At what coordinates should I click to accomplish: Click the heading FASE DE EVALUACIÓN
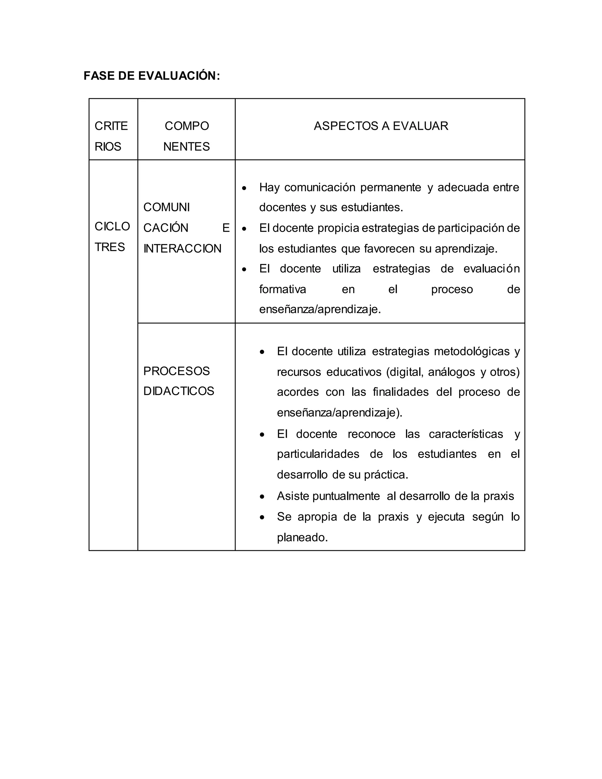pos(152,76)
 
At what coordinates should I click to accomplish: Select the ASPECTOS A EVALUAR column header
pos(381,126)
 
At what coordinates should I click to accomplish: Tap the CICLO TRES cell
pos(112,236)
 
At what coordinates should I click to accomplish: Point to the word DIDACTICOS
pos(178,391)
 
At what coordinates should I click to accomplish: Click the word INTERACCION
pos(182,249)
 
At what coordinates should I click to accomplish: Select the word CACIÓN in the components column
pos(165,228)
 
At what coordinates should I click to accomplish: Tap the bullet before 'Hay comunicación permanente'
pos(244,188)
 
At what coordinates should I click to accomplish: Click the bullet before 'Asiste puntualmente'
pos(262,497)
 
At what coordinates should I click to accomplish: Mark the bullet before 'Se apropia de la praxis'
pos(262,517)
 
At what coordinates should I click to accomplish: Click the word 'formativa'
pos(282,289)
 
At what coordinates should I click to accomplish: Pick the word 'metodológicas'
pos(471,351)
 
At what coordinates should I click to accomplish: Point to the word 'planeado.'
pos(302,538)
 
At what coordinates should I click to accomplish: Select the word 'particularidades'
pos(318,454)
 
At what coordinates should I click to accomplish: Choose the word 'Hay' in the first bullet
pos(269,188)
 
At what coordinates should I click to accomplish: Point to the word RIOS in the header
pos(108,147)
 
